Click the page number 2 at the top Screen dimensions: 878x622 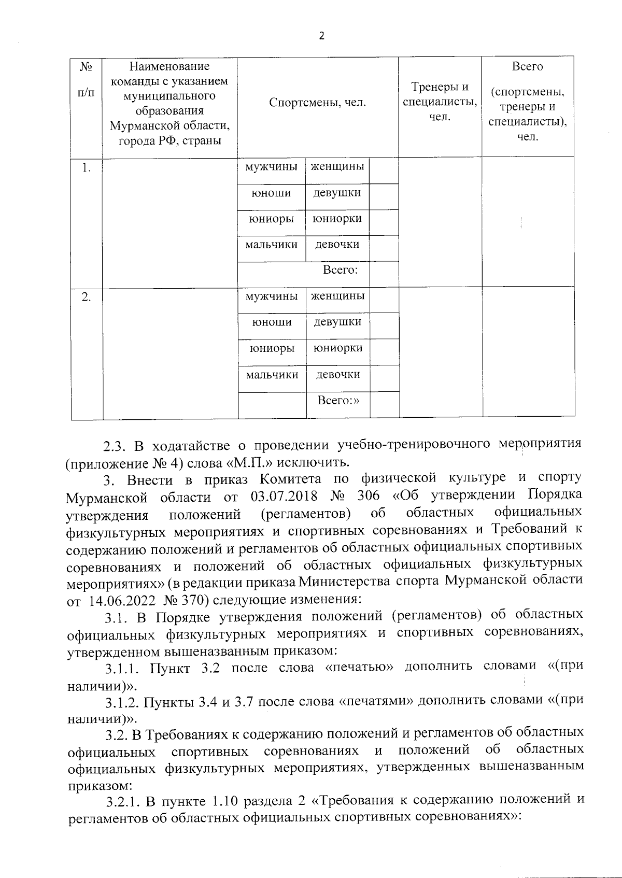point(321,36)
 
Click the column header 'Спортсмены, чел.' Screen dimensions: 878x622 point(317,103)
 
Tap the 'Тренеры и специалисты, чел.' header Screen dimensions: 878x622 point(440,102)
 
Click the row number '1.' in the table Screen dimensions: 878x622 point(87,167)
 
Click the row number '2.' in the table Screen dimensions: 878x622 point(87,297)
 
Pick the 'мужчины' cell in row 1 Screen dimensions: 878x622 point(272,167)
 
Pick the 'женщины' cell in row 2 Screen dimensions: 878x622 point(337,296)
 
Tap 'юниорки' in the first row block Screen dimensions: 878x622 point(337,219)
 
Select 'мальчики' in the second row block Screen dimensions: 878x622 point(272,374)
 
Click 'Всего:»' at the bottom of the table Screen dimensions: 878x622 point(338,400)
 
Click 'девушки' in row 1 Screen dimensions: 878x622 point(337,193)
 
